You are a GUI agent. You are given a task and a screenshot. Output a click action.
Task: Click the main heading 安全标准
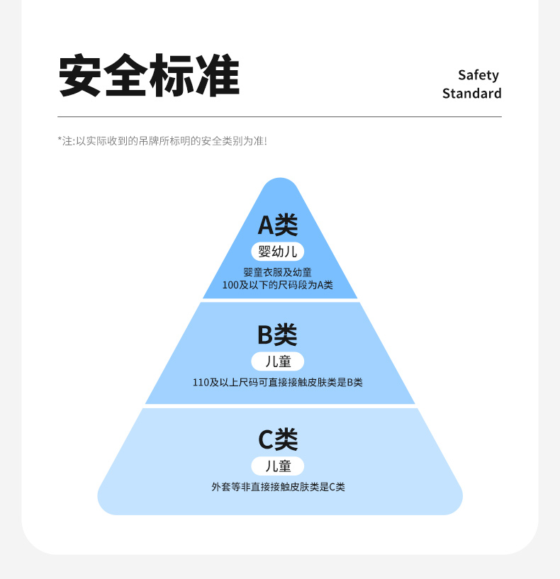tap(149, 76)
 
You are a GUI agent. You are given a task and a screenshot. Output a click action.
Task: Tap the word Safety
tap(478, 75)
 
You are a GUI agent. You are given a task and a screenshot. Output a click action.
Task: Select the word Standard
tap(471, 94)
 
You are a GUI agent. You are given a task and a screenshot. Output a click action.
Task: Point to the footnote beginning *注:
tap(162, 141)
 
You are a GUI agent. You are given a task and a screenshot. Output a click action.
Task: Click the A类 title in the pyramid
tap(277, 225)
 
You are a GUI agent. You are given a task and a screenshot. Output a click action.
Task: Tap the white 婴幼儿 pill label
tap(277, 251)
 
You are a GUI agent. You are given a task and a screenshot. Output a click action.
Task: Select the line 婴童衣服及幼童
tap(277, 272)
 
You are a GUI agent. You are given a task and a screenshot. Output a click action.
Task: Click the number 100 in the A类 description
tap(230, 285)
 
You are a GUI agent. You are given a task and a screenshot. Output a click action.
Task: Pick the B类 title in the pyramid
tap(277, 335)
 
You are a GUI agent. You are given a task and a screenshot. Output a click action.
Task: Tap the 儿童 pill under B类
tap(277, 361)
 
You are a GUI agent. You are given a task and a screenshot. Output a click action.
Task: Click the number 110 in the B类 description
tap(201, 383)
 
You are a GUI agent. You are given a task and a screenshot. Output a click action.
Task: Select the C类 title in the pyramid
tap(277, 440)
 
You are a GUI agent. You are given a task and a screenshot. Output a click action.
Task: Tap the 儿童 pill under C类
tap(277, 466)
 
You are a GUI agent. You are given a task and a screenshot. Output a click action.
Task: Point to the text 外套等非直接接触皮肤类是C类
tap(278, 487)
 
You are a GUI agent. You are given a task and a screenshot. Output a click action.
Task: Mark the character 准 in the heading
tap(218, 76)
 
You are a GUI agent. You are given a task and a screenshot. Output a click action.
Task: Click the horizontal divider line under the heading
tap(279, 116)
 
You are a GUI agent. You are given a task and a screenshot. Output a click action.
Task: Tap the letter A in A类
tap(266, 225)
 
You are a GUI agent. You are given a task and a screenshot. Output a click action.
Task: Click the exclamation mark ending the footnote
tap(265, 141)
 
